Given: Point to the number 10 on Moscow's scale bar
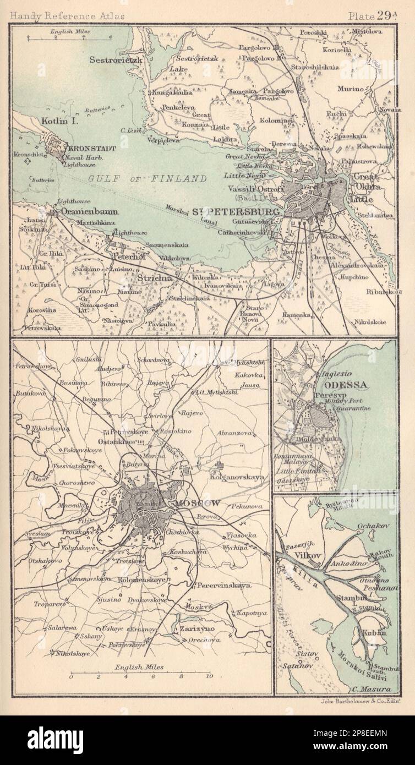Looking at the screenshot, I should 208,676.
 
